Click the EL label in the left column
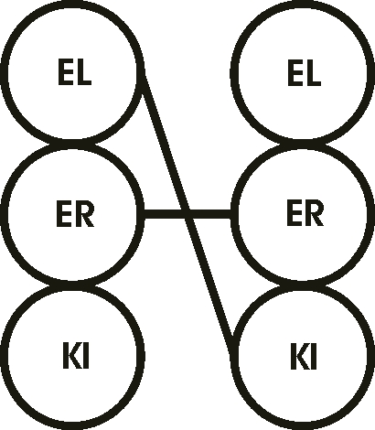tap(75, 72)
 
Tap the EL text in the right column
tap(305, 73)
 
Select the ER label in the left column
tap(75, 214)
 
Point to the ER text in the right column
tap(305, 213)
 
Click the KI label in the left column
tap(76, 355)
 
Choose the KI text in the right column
tap(304, 356)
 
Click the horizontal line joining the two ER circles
tap(187, 214)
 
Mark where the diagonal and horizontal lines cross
tap(187, 214)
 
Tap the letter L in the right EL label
tap(313, 73)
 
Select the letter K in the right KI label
tap(299, 356)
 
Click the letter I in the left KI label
tap(86, 355)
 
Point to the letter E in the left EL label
tap(65, 72)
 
